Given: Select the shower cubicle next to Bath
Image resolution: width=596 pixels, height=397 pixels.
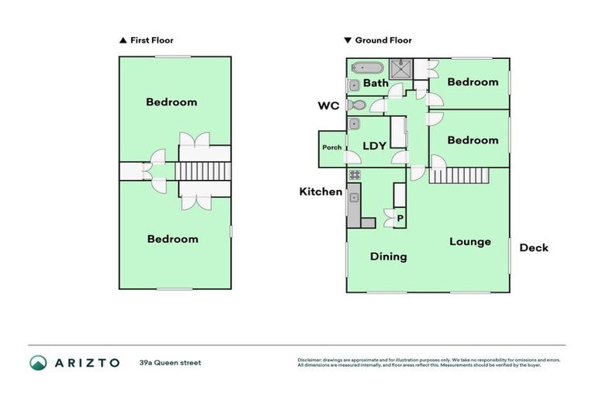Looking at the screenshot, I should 401,70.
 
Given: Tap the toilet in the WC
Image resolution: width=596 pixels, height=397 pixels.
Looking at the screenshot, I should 357,105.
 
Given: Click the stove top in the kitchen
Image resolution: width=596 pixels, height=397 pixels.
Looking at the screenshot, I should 354,174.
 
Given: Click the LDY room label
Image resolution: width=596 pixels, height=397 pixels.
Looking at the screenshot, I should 375,146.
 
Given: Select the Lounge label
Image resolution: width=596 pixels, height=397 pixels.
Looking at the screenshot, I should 470,242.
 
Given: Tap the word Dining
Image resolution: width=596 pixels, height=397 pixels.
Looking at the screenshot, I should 388,257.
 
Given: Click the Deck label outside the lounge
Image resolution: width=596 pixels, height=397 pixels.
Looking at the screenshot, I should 533,248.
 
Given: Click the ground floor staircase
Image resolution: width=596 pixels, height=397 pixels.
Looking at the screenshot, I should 459,175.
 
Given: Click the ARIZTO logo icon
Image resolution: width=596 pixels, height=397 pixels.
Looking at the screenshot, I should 38,362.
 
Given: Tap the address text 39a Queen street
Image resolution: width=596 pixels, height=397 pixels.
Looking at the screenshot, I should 170,362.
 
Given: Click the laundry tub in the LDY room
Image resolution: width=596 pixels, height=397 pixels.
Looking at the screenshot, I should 355,124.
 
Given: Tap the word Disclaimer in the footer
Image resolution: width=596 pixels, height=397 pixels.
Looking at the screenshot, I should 310,360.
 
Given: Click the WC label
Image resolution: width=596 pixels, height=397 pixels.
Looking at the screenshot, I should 328,106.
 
